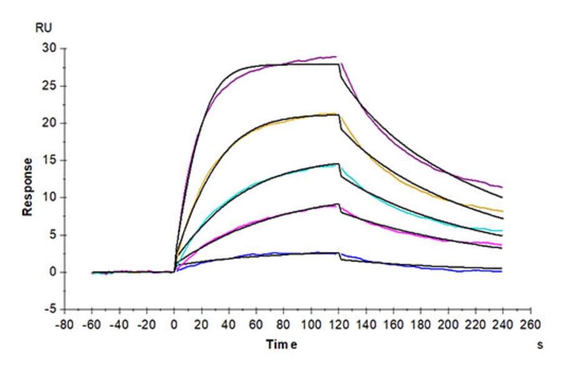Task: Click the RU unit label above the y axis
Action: pyautogui.click(x=43, y=27)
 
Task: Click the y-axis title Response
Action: pyautogui.click(x=27, y=187)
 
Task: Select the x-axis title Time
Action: pyautogui.click(x=282, y=344)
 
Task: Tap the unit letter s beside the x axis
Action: pyautogui.click(x=540, y=345)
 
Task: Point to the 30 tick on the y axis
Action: pyautogui.click(x=49, y=49)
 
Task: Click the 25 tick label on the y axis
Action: pyautogui.click(x=49, y=86)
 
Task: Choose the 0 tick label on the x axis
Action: pyautogui.click(x=174, y=324)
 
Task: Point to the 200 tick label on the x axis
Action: pyautogui.click(x=447, y=324)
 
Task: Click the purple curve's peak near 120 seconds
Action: pyautogui.click(x=336, y=57)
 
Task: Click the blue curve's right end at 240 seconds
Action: pyautogui.click(x=502, y=272)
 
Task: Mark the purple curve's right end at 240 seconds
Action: pyautogui.click(x=502, y=187)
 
